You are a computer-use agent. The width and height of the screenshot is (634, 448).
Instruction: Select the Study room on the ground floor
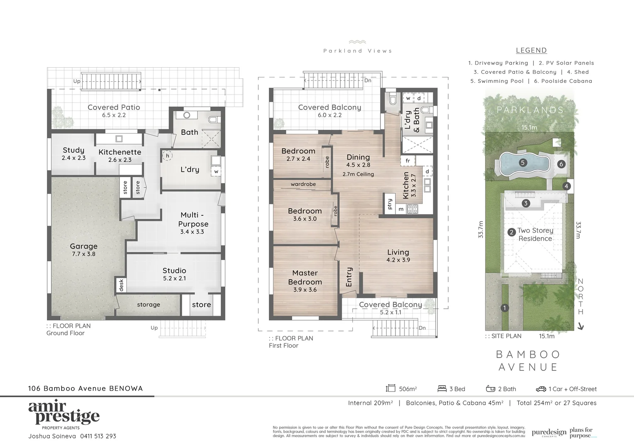click(x=73, y=153)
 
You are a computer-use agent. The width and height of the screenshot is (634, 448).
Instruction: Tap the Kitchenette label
click(x=119, y=152)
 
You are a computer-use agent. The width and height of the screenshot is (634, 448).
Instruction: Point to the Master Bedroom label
click(x=305, y=278)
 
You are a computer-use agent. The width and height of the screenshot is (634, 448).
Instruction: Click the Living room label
click(x=398, y=252)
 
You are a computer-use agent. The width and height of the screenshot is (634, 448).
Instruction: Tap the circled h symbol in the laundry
click(x=167, y=156)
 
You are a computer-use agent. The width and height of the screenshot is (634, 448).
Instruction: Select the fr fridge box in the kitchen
click(x=407, y=161)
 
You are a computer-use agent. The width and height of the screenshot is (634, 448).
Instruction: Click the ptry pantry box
click(x=389, y=204)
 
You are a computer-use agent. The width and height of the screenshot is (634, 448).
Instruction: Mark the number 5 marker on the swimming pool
click(x=523, y=163)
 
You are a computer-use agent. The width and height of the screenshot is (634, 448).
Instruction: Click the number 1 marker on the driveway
click(x=505, y=308)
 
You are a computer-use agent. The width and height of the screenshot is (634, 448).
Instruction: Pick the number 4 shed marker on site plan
click(x=567, y=186)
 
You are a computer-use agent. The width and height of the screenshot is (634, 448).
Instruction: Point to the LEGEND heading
click(x=531, y=50)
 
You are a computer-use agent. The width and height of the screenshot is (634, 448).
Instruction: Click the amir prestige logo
click(x=64, y=413)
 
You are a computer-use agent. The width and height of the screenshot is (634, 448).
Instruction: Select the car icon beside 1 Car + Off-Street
click(x=541, y=389)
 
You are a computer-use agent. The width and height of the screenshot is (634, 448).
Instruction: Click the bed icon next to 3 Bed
click(x=442, y=389)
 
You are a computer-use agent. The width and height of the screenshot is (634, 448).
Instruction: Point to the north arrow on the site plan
click(x=580, y=326)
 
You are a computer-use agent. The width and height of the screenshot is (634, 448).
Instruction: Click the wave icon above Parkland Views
click(x=357, y=42)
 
